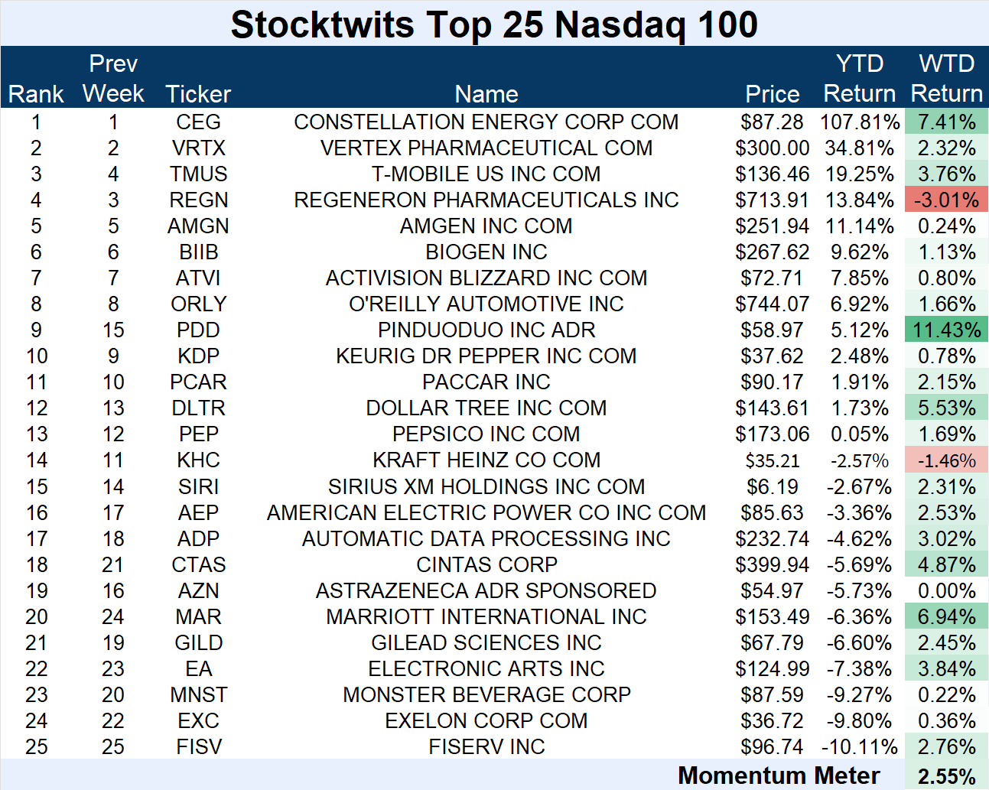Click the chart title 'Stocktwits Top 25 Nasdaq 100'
pos(494,24)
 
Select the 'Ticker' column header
pos(198,93)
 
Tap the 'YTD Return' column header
pos(859,78)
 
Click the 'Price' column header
pos(772,93)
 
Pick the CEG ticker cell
pos(198,122)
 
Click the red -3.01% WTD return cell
pos(946,200)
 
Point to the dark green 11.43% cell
pos(946,330)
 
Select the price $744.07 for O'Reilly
pos(772,304)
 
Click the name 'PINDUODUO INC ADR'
pos(486,330)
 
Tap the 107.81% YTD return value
pos(860,122)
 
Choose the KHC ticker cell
pos(198,460)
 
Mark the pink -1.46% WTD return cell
pos(946,460)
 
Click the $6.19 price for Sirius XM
pos(772,486)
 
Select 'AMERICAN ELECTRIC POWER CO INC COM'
pos(486,512)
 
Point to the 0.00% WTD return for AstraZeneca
pos(946,590)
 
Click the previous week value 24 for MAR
pos(113,616)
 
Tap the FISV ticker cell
pos(198,746)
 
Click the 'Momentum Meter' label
pos(779,775)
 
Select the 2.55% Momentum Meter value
pos(946,776)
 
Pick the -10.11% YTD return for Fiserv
pos(860,746)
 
